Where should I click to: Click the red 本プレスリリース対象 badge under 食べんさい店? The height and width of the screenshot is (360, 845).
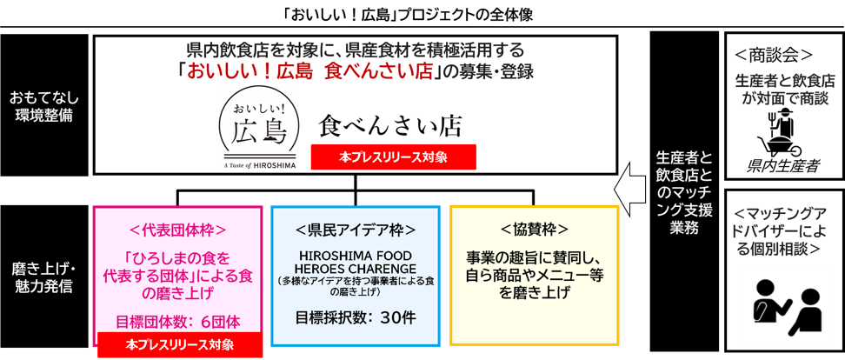[394, 157]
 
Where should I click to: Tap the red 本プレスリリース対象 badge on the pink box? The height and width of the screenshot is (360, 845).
[179, 344]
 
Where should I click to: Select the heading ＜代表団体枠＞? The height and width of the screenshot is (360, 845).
[179, 230]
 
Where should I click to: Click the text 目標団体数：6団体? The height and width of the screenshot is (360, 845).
[179, 320]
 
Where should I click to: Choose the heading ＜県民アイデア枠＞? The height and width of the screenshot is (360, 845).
[356, 230]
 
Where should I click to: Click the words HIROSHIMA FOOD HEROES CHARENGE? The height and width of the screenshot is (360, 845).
[356, 262]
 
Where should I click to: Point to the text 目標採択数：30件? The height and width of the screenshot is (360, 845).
[356, 317]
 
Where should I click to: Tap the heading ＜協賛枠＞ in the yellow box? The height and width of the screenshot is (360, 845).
[535, 230]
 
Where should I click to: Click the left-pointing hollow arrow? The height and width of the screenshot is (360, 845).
[629, 188]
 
